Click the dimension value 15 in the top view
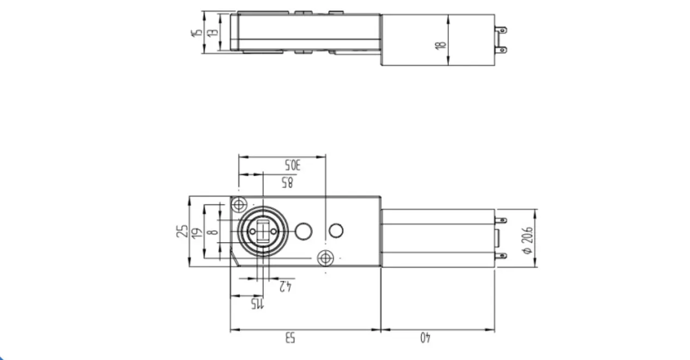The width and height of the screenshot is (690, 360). (196, 33)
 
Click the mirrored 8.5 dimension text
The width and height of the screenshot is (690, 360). (287, 183)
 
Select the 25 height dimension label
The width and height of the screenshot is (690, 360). (181, 231)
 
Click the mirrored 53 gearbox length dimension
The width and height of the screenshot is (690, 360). (289, 338)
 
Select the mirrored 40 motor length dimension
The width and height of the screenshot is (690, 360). (425, 338)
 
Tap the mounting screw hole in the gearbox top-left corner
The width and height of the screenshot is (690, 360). (238, 205)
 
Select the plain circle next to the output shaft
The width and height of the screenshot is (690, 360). (303, 231)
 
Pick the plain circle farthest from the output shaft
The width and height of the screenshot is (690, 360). (336, 230)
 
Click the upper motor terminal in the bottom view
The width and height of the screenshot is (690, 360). (501, 220)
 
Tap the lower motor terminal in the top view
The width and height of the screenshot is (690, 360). (502, 49)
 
